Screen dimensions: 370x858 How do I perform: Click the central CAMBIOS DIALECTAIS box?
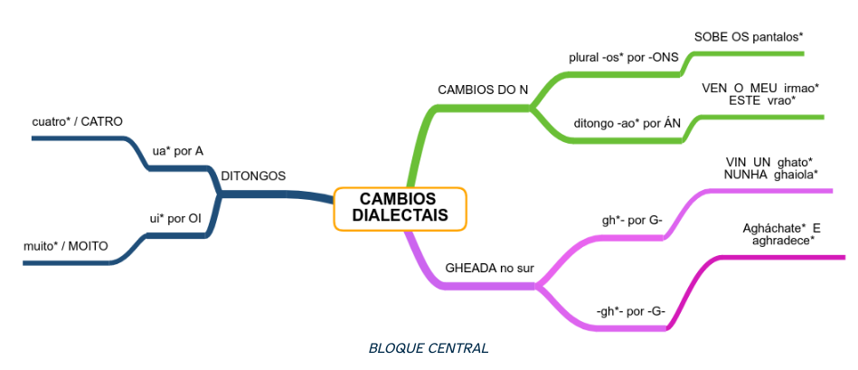pos(399,208)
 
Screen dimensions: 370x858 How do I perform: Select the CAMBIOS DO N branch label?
pos(483,90)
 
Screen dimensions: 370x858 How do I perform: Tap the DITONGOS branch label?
pos(254,176)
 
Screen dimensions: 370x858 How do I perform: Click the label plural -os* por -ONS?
pos(624,57)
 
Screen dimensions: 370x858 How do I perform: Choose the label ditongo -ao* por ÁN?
pos(627,123)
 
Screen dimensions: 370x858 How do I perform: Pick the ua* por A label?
pos(178,150)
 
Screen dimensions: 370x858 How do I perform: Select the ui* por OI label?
pos(175,218)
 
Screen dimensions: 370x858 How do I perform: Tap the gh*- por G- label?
pos(632,220)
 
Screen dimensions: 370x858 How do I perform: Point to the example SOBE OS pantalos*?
pos(749,37)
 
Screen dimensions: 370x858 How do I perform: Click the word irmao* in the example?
pos(801,88)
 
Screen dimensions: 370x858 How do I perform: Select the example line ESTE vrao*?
pos(761,100)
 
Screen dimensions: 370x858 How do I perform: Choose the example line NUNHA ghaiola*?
pos(771,175)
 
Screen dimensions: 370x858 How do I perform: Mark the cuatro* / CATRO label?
pos(77,121)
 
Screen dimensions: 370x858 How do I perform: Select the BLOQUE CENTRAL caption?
pos(429,347)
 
